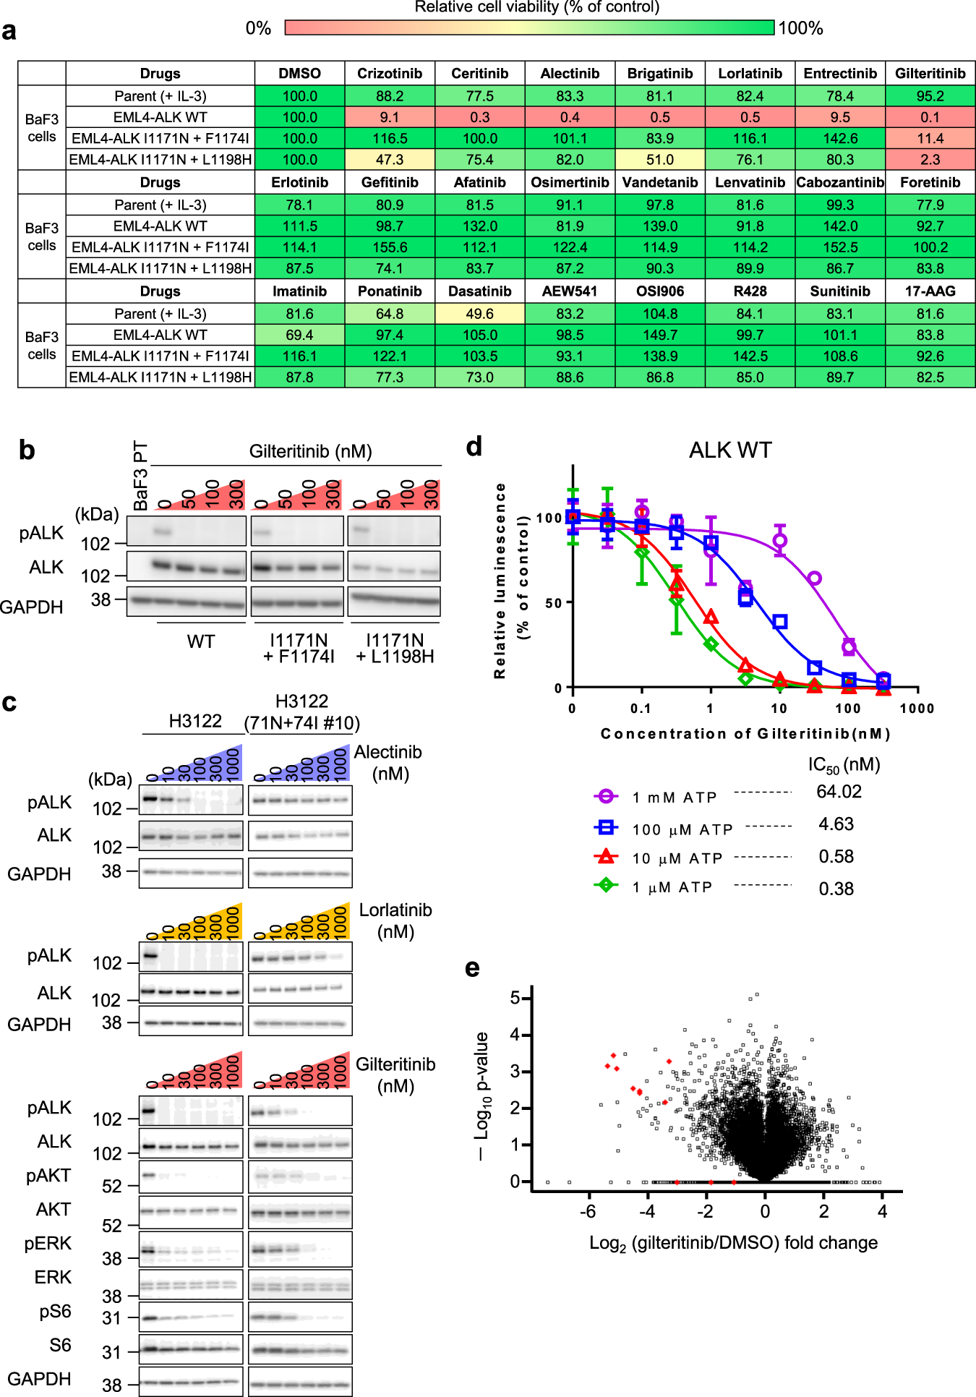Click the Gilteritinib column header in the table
pyautogui.click(x=930, y=74)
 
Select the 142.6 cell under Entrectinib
pyautogui.click(x=840, y=138)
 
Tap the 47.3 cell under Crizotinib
pyautogui.click(x=390, y=160)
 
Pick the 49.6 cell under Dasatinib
pyautogui.click(x=480, y=314)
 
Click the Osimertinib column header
pyautogui.click(x=570, y=182)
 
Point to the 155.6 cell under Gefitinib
pyautogui.click(x=390, y=247)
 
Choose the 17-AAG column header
pyautogui.click(x=930, y=291)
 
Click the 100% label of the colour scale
pyautogui.click(x=801, y=28)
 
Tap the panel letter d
pyautogui.click(x=474, y=447)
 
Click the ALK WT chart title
pyautogui.click(x=730, y=450)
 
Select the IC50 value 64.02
pyautogui.click(x=839, y=792)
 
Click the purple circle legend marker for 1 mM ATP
pyautogui.click(x=606, y=796)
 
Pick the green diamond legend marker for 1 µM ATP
pyautogui.click(x=606, y=884)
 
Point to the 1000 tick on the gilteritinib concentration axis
pyautogui.click(x=917, y=709)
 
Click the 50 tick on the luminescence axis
pyautogui.click(x=554, y=603)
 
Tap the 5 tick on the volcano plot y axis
pyautogui.click(x=515, y=998)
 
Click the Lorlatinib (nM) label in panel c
pyautogui.click(x=395, y=920)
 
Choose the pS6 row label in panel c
pyautogui.click(x=56, y=1312)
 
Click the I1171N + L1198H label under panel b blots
pyautogui.click(x=395, y=649)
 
